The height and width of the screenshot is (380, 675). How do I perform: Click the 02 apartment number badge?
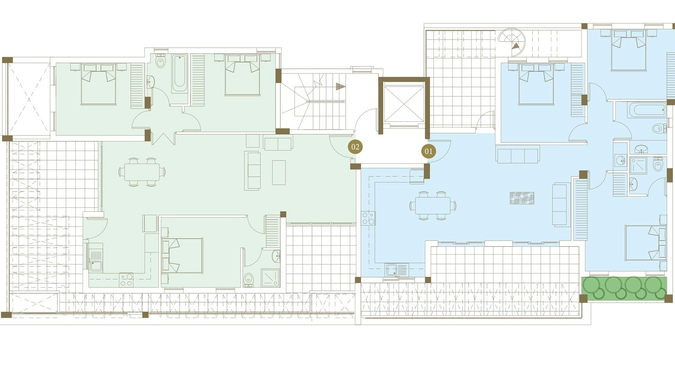point(355,147)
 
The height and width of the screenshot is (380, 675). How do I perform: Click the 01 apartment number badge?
point(428,151)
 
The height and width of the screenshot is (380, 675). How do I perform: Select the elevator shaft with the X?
point(404,104)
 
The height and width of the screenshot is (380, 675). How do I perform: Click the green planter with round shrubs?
point(624,288)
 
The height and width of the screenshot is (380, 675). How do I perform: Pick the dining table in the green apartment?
point(142,172)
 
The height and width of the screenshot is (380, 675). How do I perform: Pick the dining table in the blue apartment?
point(433,205)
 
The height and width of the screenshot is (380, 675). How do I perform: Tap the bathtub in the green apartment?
point(179,74)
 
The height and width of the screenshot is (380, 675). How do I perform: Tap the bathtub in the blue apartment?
point(647,110)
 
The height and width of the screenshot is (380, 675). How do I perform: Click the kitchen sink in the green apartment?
point(96,260)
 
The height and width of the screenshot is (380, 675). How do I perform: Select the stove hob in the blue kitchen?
point(368,218)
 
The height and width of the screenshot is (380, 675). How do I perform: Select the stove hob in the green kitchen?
point(126,280)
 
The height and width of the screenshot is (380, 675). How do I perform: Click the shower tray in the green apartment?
point(270,278)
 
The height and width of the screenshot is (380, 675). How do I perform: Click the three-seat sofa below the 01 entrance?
point(517,156)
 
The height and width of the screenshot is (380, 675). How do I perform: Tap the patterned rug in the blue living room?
point(522,198)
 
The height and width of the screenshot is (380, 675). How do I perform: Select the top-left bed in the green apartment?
point(98,84)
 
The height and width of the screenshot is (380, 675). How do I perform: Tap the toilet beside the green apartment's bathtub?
point(161,61)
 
